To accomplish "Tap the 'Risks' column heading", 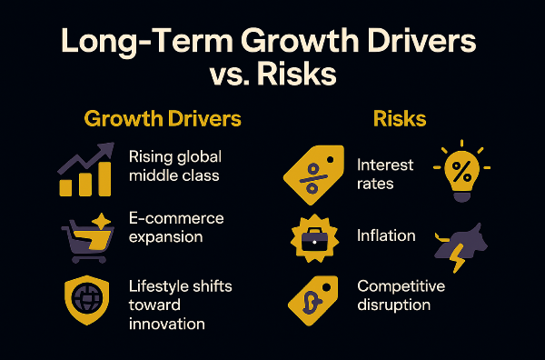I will pyautogui.click(x=400, y=119).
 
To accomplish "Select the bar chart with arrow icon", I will pyautogui.click(x=85, y=170).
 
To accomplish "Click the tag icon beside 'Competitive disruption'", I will pyautogui.click(x=313, y=297).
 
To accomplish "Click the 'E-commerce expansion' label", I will pyautogui.click(x=176, y=227).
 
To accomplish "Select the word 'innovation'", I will pyautogui.click(x=167, y=324).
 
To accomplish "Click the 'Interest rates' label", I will pyautogui.click(x=385, y=174).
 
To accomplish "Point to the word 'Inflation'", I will pyautogui.click(x=386, y=235).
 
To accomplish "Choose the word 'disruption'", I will pyautogui.click(x=392, y=305).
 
